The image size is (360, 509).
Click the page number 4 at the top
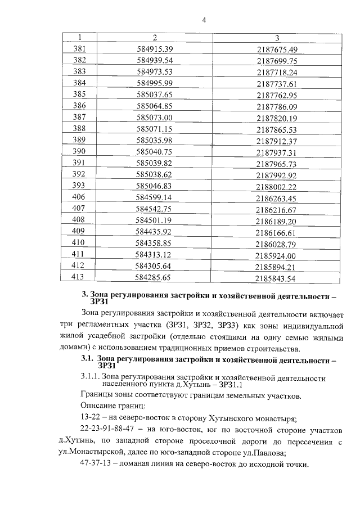(x=204, y=21)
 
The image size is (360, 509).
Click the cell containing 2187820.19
(x=276, y=118)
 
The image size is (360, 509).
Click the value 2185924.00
(x=276, y=255)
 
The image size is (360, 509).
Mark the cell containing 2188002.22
(x=276, y=186)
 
